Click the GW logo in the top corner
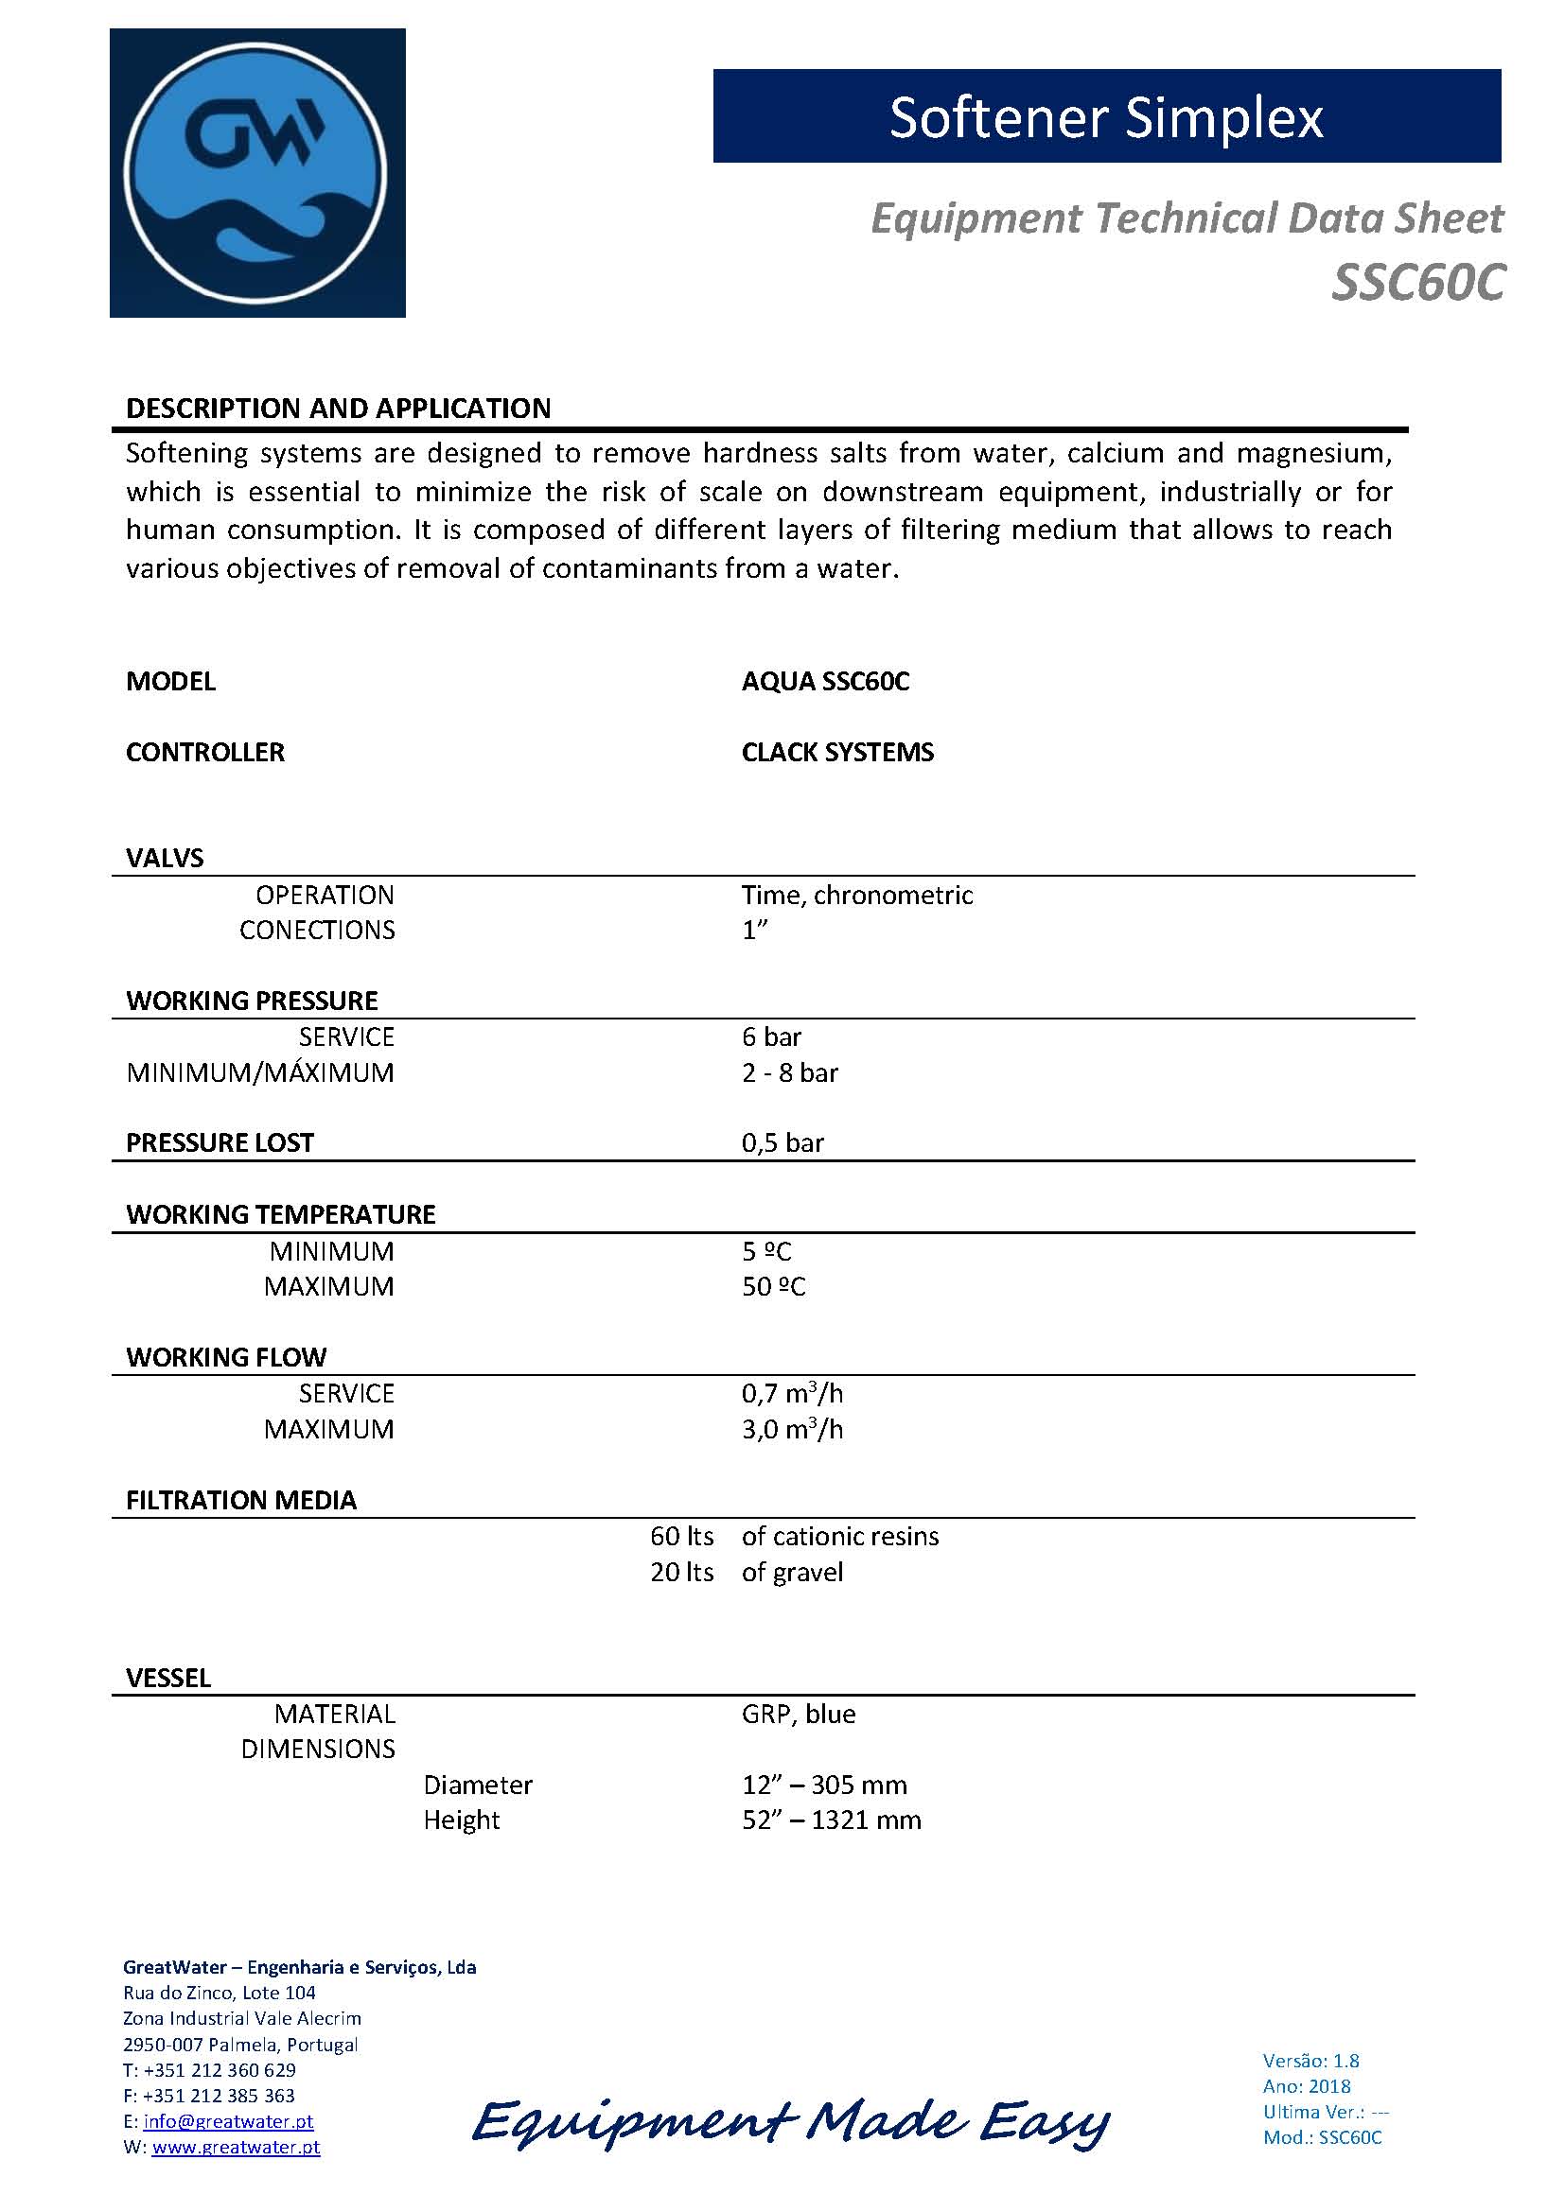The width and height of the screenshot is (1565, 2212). coord(257,173)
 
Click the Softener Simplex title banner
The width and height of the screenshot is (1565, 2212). coord(1106,116)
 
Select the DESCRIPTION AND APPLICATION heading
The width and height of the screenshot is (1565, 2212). coord(338,409)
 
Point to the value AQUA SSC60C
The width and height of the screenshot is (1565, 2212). coord(825,682)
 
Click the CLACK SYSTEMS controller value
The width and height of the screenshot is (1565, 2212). coord(837,753)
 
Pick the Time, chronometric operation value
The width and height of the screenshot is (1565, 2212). coord(856,895)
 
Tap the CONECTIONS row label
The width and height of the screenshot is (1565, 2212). coord(317,931)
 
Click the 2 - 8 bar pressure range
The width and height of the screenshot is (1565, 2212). coord(789,1073)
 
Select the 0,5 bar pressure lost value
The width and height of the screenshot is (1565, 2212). coord(782,1143)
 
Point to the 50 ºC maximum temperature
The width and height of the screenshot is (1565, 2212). coord(773,1287)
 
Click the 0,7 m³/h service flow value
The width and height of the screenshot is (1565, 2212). coord(792,1394)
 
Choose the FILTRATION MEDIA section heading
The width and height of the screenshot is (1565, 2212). coord(241,1501)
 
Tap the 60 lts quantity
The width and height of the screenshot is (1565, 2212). coord(681,1537)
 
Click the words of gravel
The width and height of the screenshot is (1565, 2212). coord(792,1573)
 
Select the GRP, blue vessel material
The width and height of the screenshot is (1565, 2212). coord(798,1714)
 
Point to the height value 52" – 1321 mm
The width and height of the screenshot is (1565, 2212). coord(831,1820)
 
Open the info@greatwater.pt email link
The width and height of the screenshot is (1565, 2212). coord(228,2121)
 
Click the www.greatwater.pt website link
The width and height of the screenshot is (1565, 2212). coord(237,2147)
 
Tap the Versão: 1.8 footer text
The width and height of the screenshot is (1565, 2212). coord(1310,2061)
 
